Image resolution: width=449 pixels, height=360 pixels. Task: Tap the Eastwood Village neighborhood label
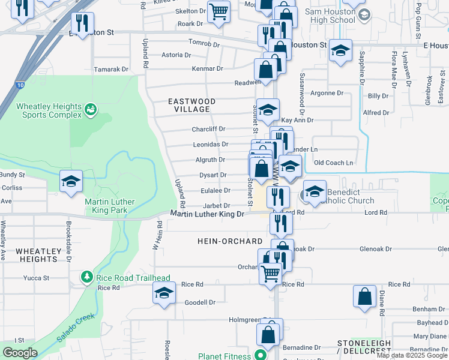(192, 106)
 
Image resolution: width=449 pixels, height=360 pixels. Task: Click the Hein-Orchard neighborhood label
(230, 241)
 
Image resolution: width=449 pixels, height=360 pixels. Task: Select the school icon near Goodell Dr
(163, 294)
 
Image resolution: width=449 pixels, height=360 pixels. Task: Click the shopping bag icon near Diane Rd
(364, 296)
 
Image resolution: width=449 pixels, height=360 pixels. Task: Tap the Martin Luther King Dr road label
(208, 214)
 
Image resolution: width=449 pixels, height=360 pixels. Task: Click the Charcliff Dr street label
(208, 129)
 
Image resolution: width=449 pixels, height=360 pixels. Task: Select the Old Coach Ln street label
(334, 163)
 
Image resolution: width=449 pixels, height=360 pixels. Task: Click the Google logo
(20, 353)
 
